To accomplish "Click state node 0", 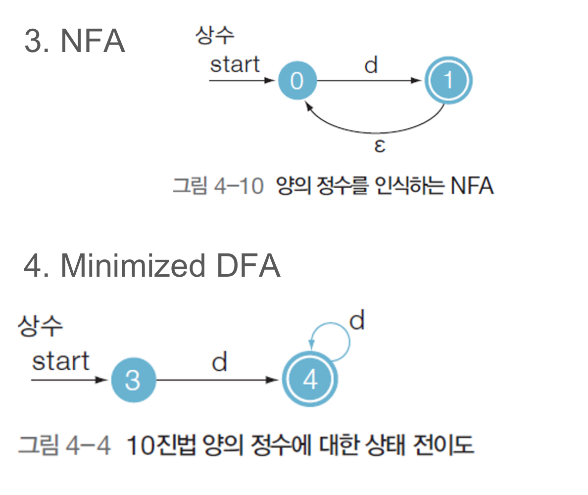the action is [x=297, y=80].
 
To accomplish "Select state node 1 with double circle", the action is [x=448, y=80].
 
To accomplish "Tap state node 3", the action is [x=133, y=381].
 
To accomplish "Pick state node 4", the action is [x=310, y=380].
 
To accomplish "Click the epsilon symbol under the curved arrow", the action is [x=379, y=147].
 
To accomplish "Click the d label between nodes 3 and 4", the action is [x=219, y=363].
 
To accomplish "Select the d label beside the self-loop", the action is [x=356, y=322].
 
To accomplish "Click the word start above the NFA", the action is [x=235, y=65].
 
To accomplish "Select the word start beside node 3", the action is [x=61, y=362].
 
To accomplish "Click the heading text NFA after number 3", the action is [x=93, y=42].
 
